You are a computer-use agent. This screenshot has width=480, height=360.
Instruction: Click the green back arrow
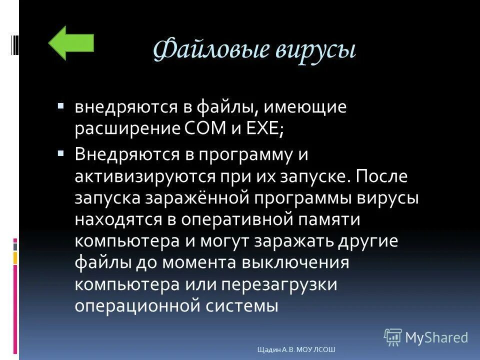pos(71,43)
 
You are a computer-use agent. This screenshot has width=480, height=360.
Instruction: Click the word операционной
pos(136,306)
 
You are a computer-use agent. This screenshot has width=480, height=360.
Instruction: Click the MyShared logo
pos(425,337)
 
